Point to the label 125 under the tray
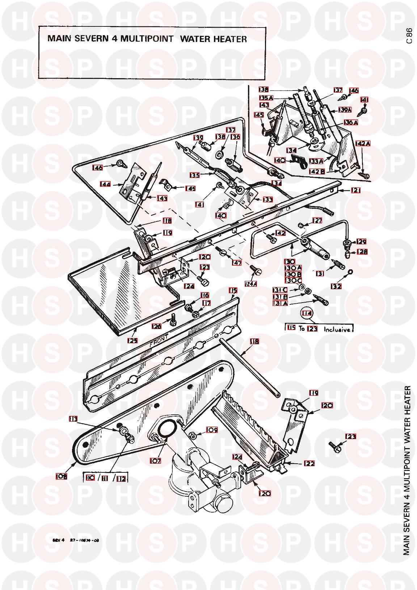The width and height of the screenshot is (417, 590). click(x=132, y=341)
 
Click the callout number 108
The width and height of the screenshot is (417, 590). click(x=61, y=477)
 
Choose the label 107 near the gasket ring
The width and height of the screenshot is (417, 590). click(x=156, y=461)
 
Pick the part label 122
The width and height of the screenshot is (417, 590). click(x=309, y=463)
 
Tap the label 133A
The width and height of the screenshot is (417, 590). click(x=316, y=161)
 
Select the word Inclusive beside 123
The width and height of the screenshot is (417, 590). click(x=337, y=330)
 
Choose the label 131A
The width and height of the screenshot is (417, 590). click(x=280, y=304)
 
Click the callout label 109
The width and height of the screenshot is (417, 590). click(x=211, y=430)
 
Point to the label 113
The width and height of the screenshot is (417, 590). click(x=73, y=419)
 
